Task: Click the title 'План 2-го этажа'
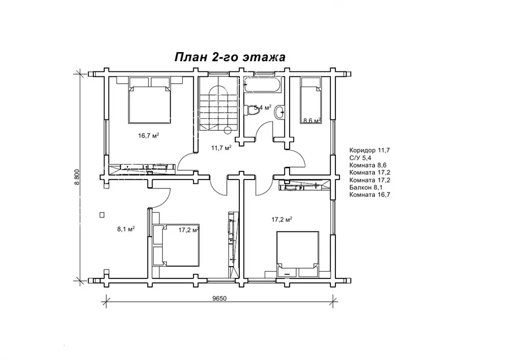[x=230, y=57]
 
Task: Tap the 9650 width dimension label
[x=220, y=299]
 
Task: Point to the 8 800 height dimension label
[x=77, y=178]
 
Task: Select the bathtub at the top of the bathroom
[x=262, y=85]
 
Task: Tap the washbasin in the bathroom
[x=279, y=113]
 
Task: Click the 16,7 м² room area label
[x=148, y=135]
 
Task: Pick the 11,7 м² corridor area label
[x=221, y=148]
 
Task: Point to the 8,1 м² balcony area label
[x=126, y=229]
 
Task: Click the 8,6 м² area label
[x=312, y=121]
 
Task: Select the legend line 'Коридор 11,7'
[x=369, y=150]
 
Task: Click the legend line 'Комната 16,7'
[x=370, y=195]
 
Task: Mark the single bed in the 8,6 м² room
[x=310, y=101]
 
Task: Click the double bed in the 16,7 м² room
[x=150, y=100]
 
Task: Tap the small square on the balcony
[x=102, y=215]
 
